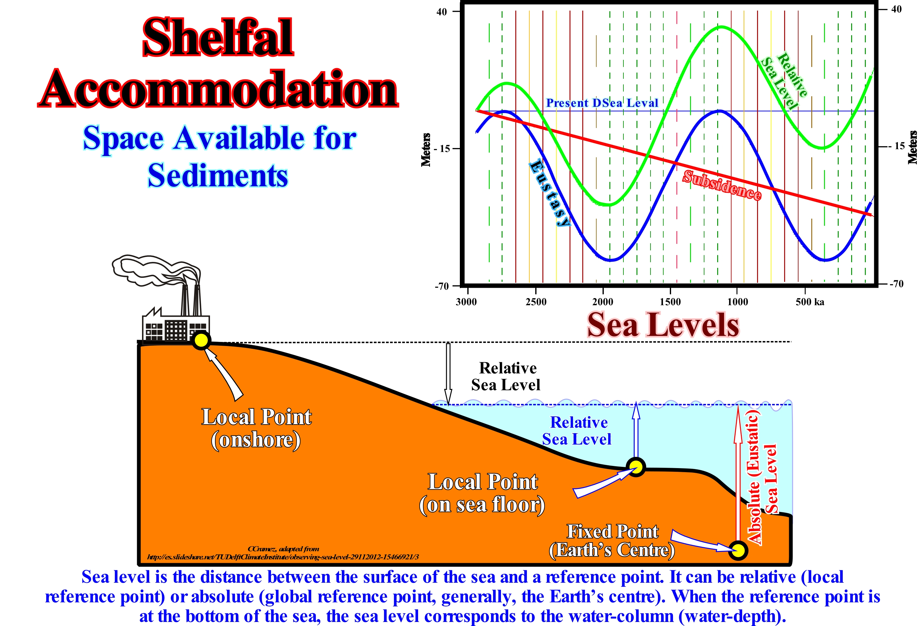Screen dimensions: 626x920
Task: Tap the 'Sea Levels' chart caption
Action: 663,325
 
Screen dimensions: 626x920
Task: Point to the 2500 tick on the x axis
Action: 536,302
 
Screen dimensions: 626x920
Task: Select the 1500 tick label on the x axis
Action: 670,302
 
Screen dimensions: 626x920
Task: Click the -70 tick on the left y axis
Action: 441,286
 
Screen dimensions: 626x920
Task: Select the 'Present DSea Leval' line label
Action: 602,103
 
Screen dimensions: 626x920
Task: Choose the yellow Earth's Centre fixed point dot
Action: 738,550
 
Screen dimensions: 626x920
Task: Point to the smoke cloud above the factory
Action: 155,269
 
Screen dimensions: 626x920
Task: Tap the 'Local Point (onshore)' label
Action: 256,428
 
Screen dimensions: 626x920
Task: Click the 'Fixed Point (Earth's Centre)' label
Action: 612,541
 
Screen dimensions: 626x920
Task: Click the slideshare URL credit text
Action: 283,557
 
